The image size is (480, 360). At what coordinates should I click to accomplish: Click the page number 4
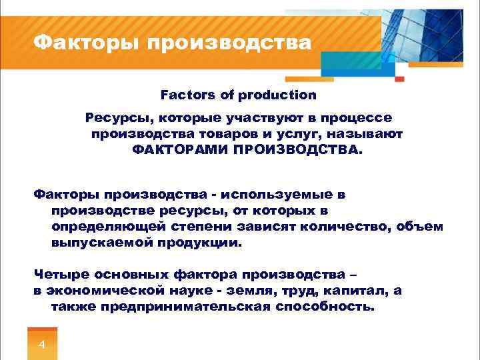click(42, 345)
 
